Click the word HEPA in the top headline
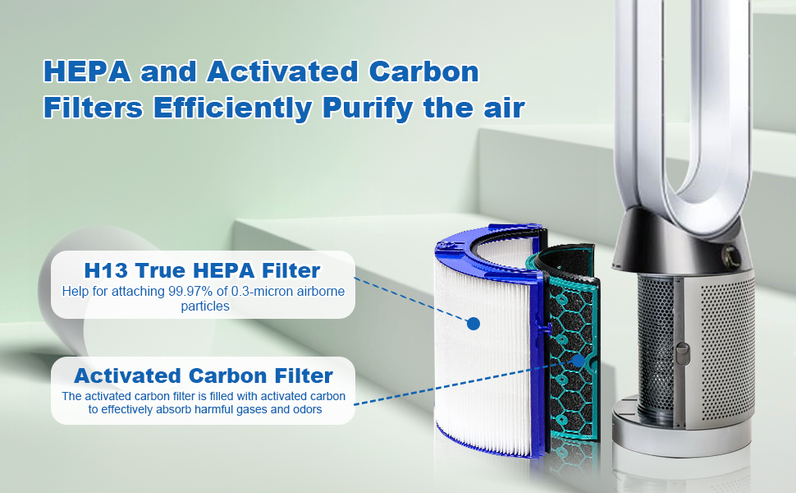(x=86, y=71)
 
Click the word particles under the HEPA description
(x=204, y=306)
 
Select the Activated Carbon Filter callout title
(x=204, y=376)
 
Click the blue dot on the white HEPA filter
(x=473, y=324)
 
